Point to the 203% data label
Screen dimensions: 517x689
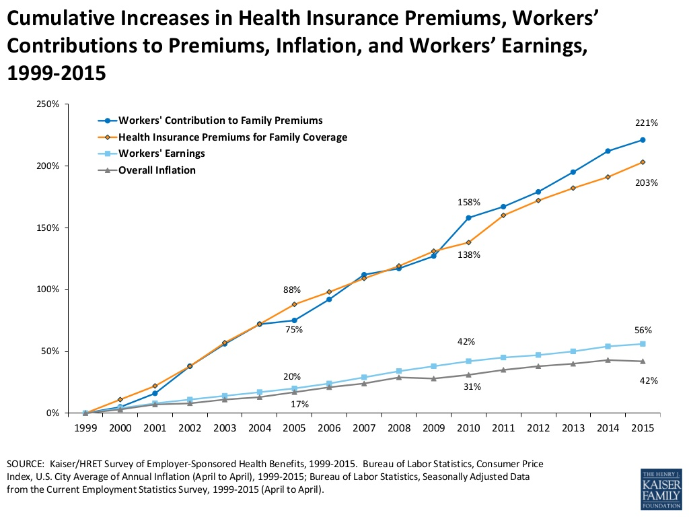(x=647, y=182)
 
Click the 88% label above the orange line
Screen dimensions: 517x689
(x=292, y=289)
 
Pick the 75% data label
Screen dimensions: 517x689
(x=294, y=329)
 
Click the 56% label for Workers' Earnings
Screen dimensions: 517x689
(x=643, y=330)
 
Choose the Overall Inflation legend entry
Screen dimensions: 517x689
(x=157, y=170)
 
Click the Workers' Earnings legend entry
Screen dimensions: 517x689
(x=161, y=153)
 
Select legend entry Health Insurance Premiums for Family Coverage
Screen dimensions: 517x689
(x=233, y=137)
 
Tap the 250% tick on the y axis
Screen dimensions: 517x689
(x=48, y=104)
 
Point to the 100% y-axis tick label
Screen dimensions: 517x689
(x=48, y=289)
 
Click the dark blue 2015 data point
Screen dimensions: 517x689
(x=643, y=140)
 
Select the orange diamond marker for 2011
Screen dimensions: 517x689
(x=503, y=215)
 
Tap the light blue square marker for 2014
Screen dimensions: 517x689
(x=608, y=346)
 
